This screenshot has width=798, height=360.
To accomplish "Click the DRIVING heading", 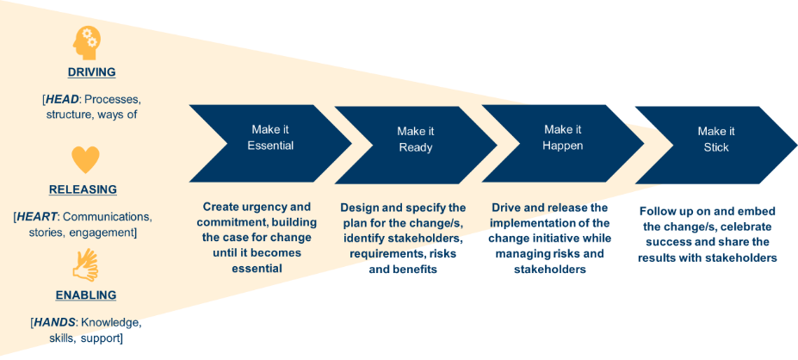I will pyautogui.click(x=91, y=72).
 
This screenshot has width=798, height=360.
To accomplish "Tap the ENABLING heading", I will pyautogui.click(x=86, y=295).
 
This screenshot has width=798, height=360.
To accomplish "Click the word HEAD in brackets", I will pyautogui.click(x=61, y=99).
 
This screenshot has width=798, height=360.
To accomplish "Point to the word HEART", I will pyautogui.click(x=38, y=216).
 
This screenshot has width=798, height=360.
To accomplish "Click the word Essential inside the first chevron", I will pyautogui.click(x=270, y=146).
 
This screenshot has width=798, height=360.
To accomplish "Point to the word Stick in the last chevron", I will pyautogui.click(x=716, y=147).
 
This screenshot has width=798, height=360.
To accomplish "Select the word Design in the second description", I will pyautogui.click(x=360, y=208).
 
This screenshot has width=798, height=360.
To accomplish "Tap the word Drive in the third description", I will pyautogui.click(x=508, y=208).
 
